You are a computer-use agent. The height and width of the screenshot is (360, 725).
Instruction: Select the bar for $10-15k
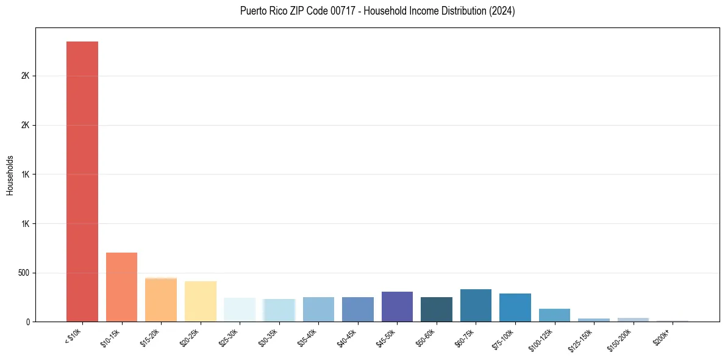(x=121, y=287)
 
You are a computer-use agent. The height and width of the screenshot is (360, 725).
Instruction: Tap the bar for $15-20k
(x=161, y=300)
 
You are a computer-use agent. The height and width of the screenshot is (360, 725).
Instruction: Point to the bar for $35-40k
(x=318, y=309)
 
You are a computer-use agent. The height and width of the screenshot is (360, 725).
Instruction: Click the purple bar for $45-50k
(x=397, y=306)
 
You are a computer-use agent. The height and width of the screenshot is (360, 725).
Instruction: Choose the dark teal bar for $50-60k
(x=437, y=309)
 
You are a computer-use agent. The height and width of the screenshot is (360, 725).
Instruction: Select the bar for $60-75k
(x=476, y=305)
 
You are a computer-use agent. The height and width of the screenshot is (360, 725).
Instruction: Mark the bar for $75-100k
(x=515, y=308)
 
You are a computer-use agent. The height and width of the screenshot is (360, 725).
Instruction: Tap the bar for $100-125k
(x=554, y=315)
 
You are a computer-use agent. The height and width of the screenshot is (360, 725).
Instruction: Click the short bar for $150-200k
(x=633, y=320)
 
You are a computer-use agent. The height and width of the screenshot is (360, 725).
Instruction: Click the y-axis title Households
(x=10, y=175)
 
